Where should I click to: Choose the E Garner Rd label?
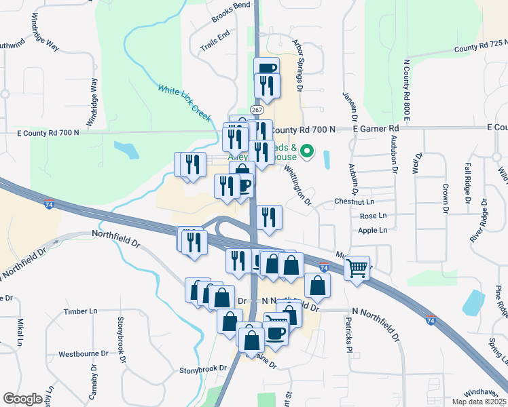376,128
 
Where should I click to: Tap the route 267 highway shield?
256,109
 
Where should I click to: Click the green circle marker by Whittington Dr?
307,151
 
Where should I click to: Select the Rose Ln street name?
372,216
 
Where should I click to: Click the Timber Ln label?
81,311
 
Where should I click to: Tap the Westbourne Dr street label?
84,353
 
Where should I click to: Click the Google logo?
22,399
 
